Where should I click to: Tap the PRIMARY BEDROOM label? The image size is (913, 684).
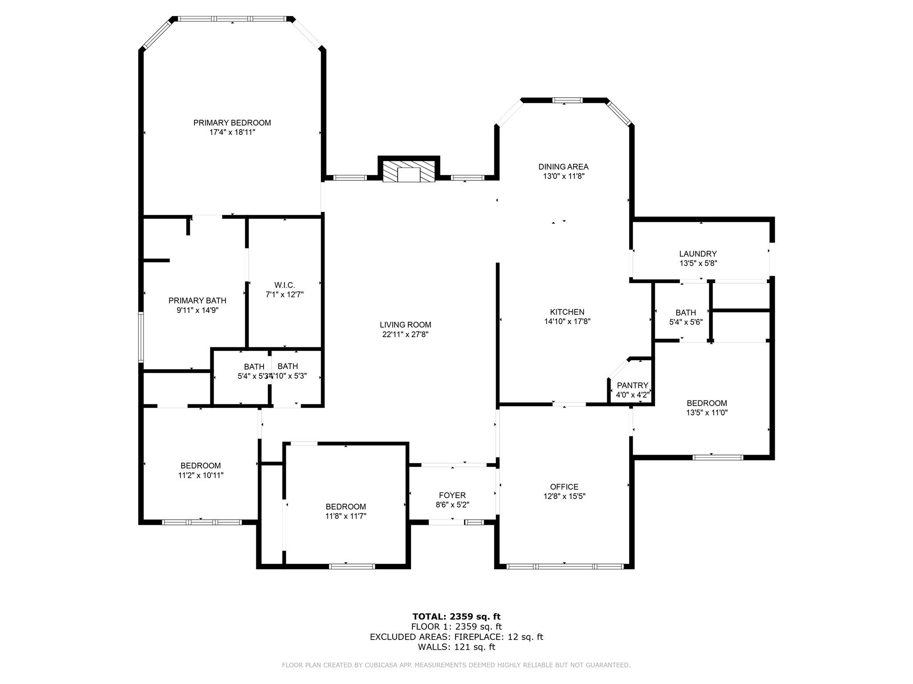point(232,122)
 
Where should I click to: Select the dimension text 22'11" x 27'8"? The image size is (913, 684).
point(405,334)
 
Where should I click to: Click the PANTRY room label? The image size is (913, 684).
point(632,385)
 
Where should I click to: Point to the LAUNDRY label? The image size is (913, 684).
point(698,254)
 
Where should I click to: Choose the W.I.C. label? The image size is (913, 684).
point(284,285)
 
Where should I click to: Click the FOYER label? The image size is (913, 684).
point(452,495)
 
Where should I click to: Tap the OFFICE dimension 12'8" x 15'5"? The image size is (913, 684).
point(564,497)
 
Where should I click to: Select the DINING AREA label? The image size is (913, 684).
point(563,167)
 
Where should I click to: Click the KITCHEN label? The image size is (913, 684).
point(567,312)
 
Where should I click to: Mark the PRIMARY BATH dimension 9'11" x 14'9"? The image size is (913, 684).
point(197,310)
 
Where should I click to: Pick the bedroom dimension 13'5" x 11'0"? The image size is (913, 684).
point(707,413)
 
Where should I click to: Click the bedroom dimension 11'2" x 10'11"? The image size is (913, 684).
point(201,476)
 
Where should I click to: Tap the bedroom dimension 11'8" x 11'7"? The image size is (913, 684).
point(345,516)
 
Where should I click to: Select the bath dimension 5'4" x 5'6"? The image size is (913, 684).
point(686,322)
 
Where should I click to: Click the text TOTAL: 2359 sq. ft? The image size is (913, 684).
point(456,617)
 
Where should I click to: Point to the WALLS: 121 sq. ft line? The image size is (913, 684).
point(456,647)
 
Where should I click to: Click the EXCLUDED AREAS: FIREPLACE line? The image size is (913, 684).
point(456,637)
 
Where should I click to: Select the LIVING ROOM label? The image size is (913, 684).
point(405,325)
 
